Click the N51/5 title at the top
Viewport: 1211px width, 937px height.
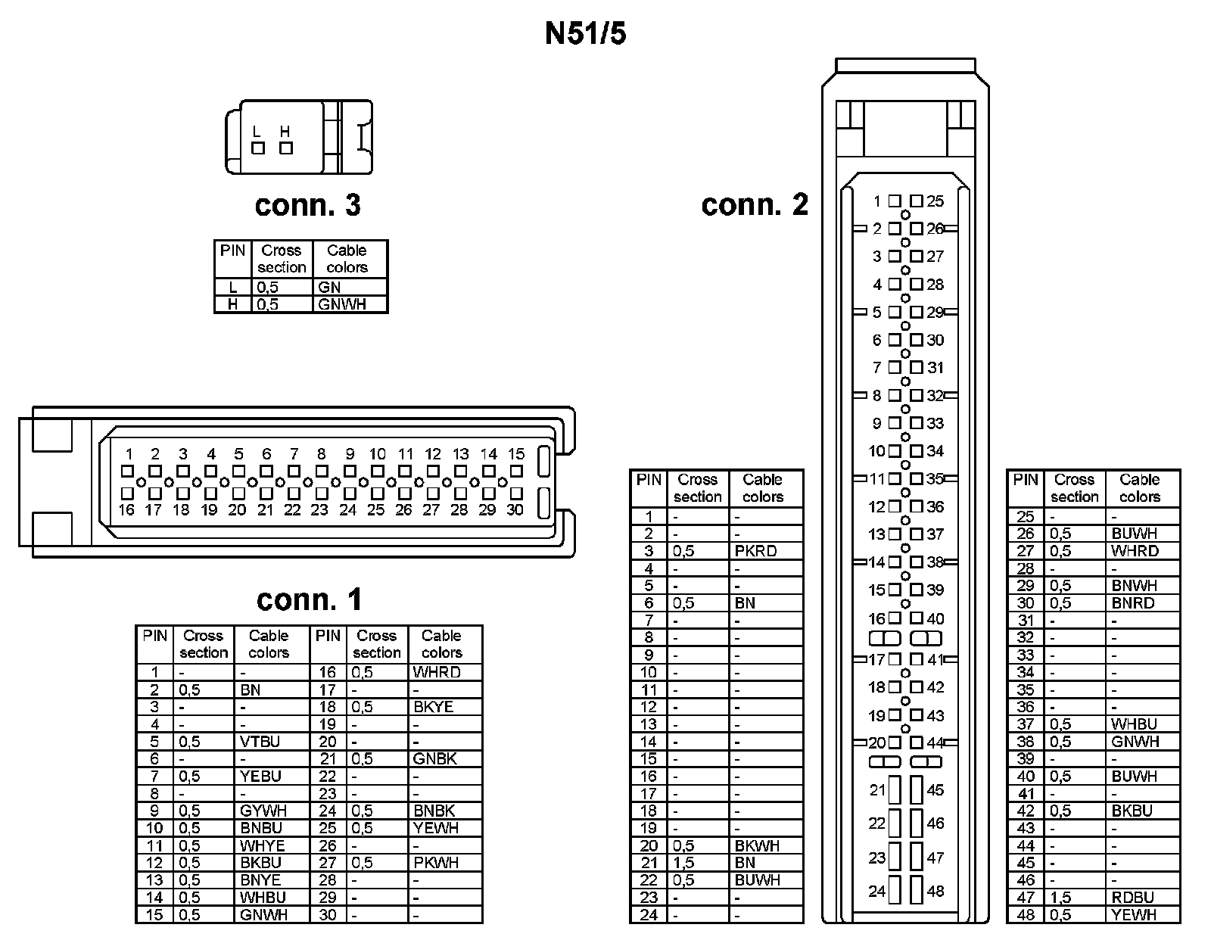pyautogui.click(x=585, y=34)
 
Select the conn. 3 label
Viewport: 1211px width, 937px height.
pyautogui.click(x=307, y=205)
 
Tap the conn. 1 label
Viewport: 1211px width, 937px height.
pyautogui.click(x=309, y=599)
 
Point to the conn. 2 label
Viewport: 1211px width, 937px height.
pyautogui.click(x=755, y=204)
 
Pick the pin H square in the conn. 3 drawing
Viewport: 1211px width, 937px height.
pyautogui.click(x=285, y=148)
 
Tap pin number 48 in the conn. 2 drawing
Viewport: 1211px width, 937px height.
pyautogui.click(x=935, y=892)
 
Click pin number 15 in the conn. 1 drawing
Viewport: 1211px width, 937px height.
pyautogui.click(x=516, y=454)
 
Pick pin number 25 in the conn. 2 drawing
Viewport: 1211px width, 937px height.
pyautogui.click(x=935, y=201)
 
